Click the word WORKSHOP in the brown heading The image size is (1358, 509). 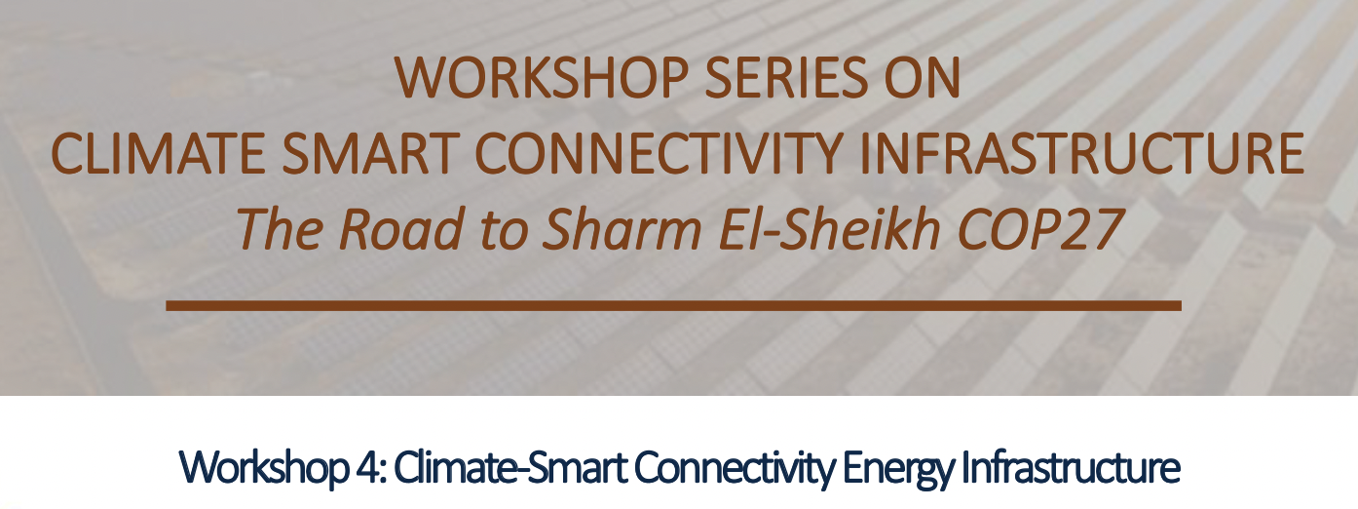pos(542,77)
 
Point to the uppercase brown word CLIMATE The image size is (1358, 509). pos(158,153)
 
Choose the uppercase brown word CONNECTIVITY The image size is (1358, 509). pos(659,153)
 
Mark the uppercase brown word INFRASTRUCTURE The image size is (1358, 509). pos(1081,153)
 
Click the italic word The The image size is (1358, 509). pos(279,229)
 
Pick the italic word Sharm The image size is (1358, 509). pos(622,229)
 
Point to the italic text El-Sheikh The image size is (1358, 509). pos(830,229)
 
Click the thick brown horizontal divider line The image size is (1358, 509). pos(673,305)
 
